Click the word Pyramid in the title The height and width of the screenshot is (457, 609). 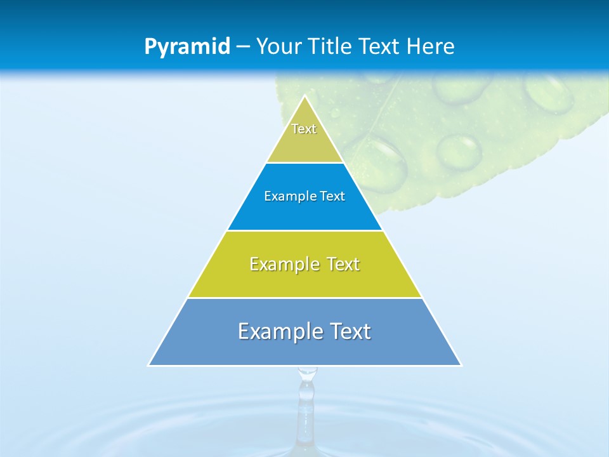[187, 47]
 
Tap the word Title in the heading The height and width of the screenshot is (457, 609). [334, 47]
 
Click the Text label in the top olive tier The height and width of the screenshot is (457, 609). [304, 129]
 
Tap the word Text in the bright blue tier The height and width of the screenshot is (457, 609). [332, 196]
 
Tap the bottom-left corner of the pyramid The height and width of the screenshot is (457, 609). [149, 365]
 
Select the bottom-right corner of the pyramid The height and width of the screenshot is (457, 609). [461, 365]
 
